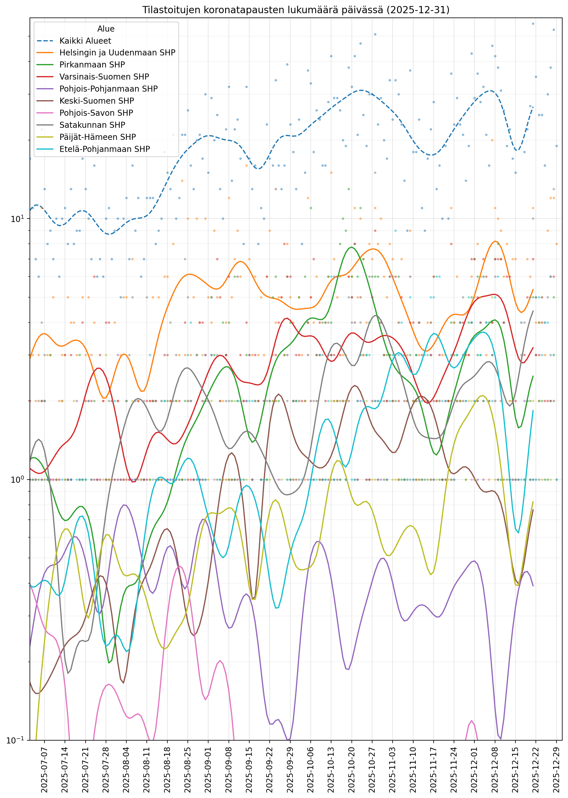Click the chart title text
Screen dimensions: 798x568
point(295,10)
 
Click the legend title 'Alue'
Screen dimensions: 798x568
point(106,29)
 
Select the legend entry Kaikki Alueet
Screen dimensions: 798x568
point(85,41)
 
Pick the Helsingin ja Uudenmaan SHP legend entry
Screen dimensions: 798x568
point(117,53)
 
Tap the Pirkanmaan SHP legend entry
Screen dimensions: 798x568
point(92,65)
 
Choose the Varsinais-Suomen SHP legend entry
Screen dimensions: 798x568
point(104,77)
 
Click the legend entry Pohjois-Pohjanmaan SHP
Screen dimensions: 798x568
point(109,89)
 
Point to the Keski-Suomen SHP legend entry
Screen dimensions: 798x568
point(96,101)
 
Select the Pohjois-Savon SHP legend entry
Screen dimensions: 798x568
point(96,113)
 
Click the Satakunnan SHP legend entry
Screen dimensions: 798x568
point(92,125)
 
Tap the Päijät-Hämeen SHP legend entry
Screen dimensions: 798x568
point(98,137)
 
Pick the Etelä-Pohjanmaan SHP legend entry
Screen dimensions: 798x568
point(105,149)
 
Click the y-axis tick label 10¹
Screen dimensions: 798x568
point(18,219)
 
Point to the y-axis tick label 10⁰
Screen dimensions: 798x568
point(18,480)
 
